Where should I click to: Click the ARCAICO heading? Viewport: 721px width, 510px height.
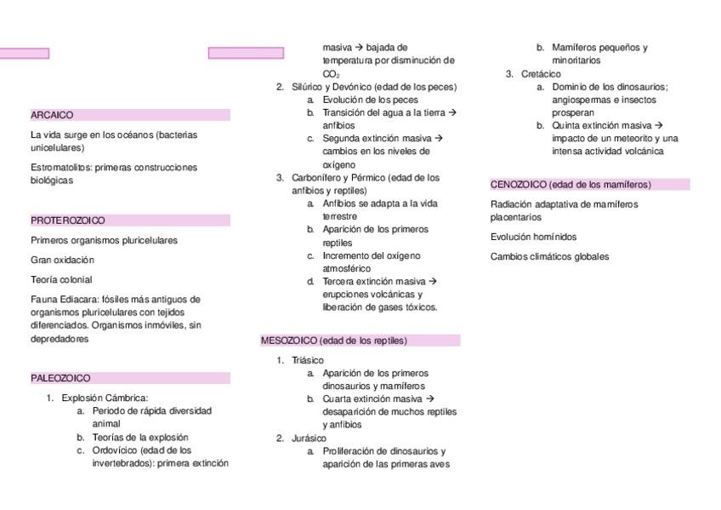pyautogui.click(x=52, y=115)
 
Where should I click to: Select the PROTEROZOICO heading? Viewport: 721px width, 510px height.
pyautogui.click(x=68, y=221)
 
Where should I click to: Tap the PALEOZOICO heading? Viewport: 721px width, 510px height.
pyautogui.click(x=60, y=378)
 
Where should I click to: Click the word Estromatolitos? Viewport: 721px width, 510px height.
pyautogui.click(x=60, y=168)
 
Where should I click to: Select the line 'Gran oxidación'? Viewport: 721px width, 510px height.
pyautogui.click(x=62, y=260)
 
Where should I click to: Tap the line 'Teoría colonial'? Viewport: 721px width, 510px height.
pyautogui.click(x=61, y=279)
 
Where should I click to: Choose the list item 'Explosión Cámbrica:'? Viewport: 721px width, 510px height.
pyautogui.click(x=105, y=398)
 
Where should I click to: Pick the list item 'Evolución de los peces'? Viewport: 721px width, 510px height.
pyautogui.click(x=370, y=100)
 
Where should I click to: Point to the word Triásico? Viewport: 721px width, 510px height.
pyautogui.click(x=307, y=360)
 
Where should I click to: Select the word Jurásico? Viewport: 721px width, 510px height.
pyautogui.click(x=309, y=438)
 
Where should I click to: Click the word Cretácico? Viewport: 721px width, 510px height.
pyautogui.click(x=541, y=74)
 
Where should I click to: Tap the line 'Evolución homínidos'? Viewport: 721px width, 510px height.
pyautogui.click(x=533, y=237)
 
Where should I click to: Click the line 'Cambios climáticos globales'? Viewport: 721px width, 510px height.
pyautogui.click(x=549, y=256)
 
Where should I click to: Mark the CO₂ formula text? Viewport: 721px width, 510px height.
pyautogui.click(x=331, y=74)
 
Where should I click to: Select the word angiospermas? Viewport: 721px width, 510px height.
pyautogui.click(x=581, y=100)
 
